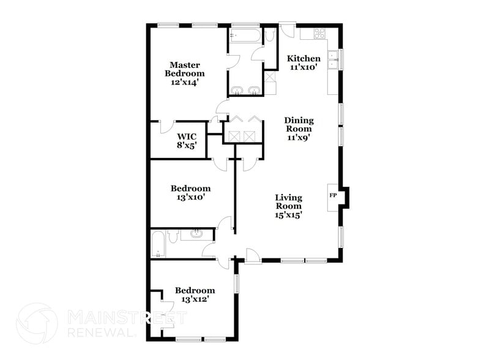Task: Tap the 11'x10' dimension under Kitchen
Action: point(304,67)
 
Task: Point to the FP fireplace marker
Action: point(333,195)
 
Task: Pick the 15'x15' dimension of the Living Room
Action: point(289,214)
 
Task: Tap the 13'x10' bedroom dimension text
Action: point(190,197)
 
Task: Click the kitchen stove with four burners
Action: point(319,34)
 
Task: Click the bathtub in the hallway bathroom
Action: point(157,243)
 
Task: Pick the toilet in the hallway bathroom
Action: point(173,236)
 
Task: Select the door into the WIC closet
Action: point(166,126)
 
